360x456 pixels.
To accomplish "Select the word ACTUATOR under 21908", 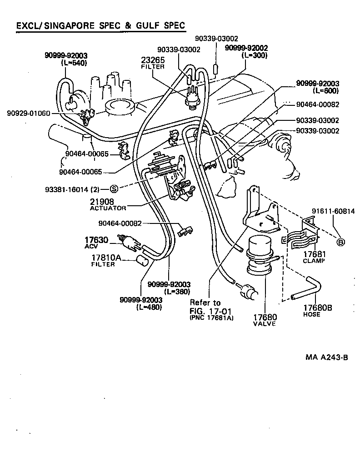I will tap(108, 208).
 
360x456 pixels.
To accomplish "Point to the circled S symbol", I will tap(114, 188).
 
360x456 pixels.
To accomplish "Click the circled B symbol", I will tap(340, 242).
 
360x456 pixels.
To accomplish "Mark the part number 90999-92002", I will tap(246, 48).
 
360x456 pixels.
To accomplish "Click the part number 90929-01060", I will tap(29, 113).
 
